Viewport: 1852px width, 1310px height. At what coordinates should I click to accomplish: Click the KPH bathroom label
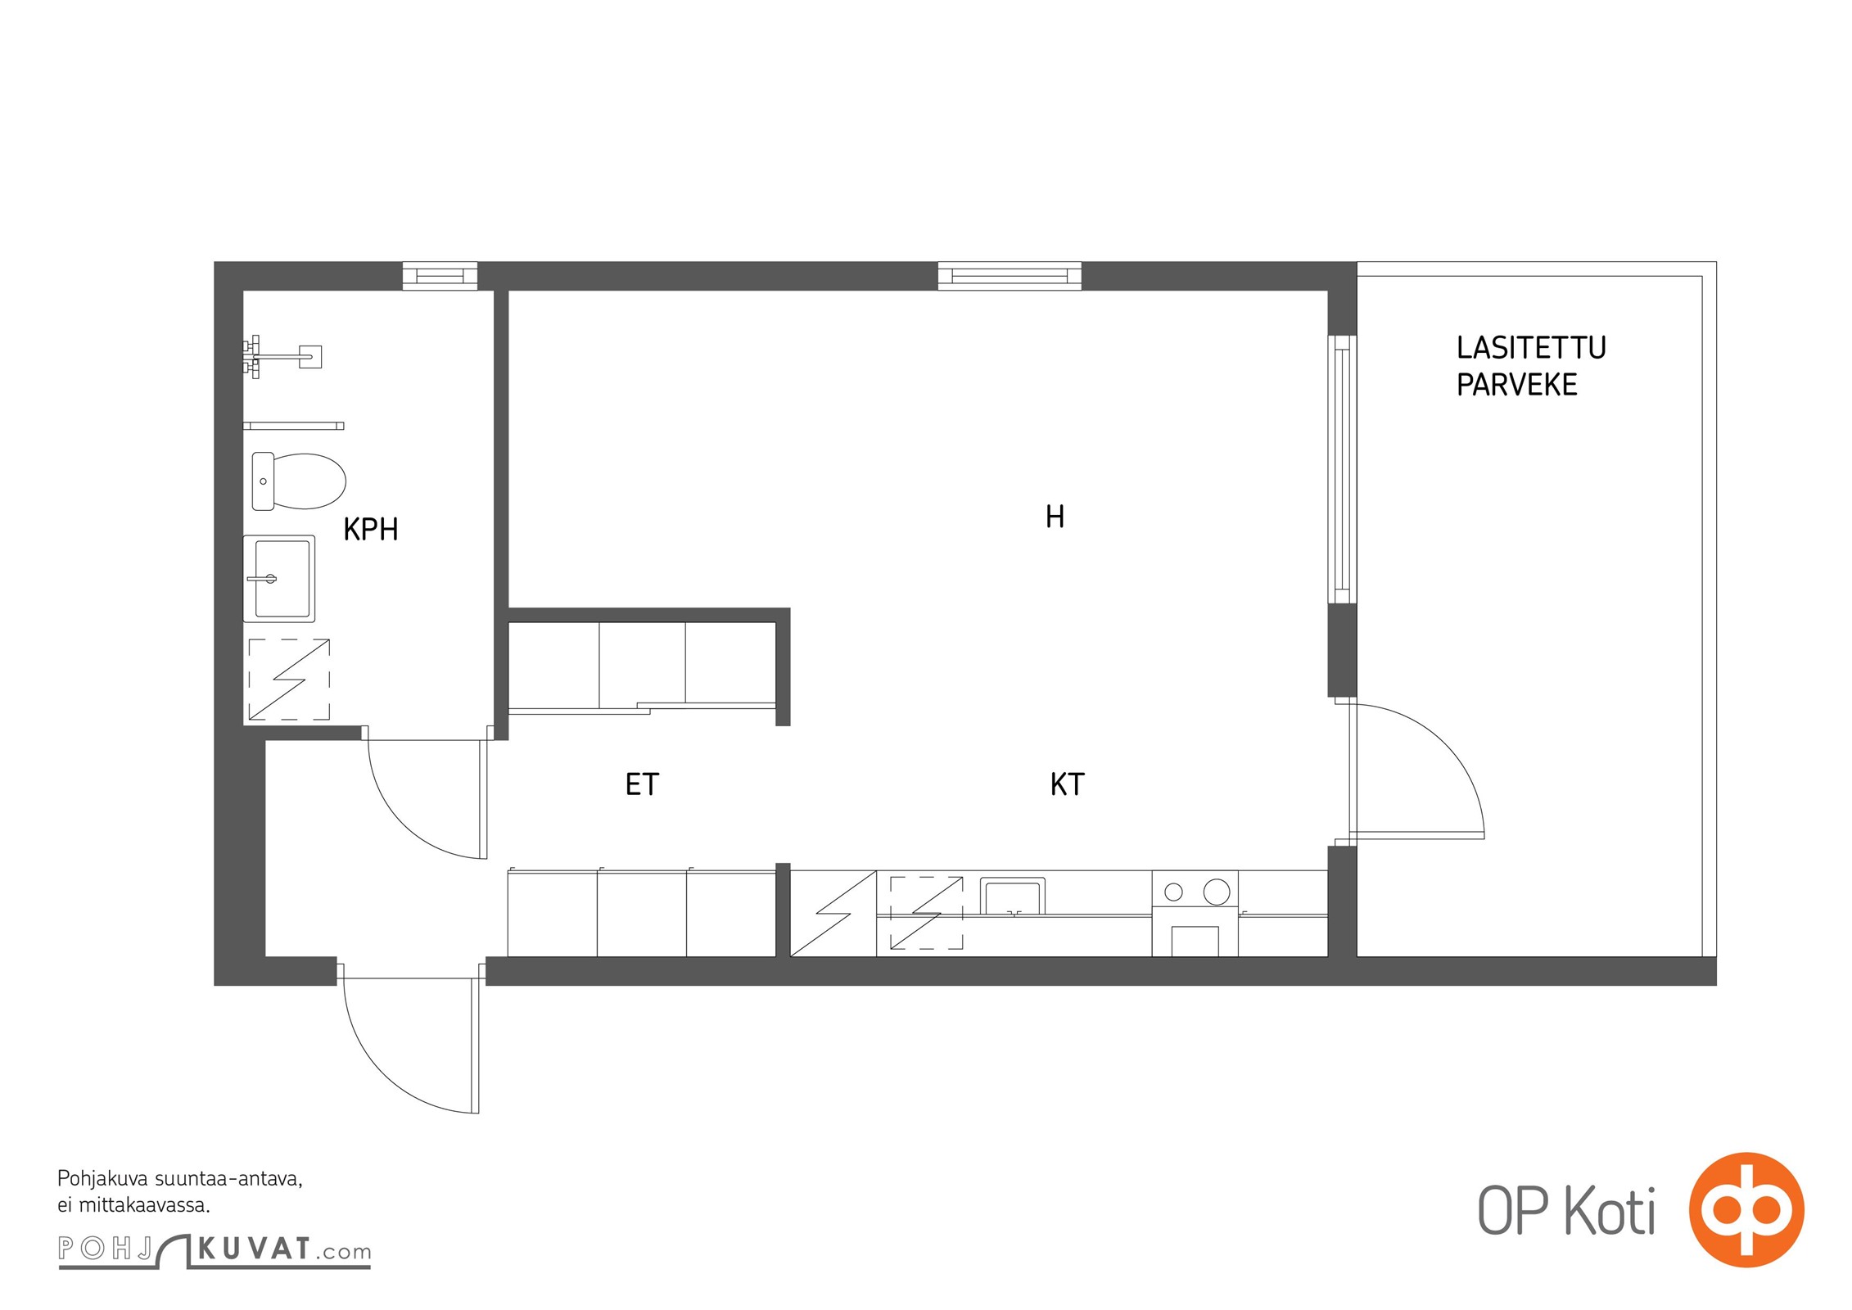pos(371,530)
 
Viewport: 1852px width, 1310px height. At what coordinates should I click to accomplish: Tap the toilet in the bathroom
pos(298,481)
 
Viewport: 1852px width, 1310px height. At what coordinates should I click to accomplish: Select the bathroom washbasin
pos(279,578)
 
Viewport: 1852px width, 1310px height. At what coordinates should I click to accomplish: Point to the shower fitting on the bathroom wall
pos(282,356)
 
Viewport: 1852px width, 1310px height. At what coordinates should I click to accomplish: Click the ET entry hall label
pos(642,784)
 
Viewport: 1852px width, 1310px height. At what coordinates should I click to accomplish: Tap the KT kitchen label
pos(1067,784)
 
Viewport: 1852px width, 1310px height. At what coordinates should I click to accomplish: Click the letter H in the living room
pos(1055,517)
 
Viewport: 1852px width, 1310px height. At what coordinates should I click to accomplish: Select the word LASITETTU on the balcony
pos(1531,348)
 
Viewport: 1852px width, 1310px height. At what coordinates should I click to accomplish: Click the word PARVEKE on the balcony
pos(1516,385)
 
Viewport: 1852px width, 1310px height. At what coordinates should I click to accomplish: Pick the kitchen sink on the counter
pos(1013,896)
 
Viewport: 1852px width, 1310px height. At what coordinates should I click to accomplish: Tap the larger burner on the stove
pos(1217,892)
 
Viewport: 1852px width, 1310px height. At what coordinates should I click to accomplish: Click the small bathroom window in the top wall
pos(440,276)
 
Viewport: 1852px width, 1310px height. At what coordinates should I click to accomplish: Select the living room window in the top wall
pos(1010,276)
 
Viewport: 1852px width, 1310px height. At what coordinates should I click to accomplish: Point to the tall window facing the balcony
pos(1342,469)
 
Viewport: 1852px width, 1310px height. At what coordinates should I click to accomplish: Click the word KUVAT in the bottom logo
pos(255,1249)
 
